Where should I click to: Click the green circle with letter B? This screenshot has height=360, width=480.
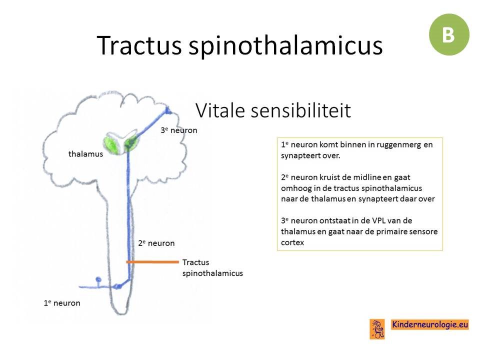pos(449,34)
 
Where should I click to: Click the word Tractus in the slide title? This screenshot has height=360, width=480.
pos(139,45)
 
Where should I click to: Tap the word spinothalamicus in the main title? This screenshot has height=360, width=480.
pos(285,46)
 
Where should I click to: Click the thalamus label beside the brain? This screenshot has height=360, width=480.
pos(85,153)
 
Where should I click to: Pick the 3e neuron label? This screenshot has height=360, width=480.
pos(179,130)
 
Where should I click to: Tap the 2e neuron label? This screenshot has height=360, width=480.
pos(156,243)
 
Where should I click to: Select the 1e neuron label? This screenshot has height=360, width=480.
pos(62,303)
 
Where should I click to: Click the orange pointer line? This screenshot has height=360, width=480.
pos(152,262)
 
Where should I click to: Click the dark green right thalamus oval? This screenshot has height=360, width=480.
pos(130,143)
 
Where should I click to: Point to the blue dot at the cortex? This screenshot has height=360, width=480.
pos(168,110)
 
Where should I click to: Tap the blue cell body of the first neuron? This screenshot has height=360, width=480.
pos(98,279)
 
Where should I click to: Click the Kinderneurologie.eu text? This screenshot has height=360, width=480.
pos(430,324)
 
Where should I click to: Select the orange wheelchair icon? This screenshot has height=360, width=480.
pos(377,329)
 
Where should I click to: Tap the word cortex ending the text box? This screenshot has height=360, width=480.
pos(292,242)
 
